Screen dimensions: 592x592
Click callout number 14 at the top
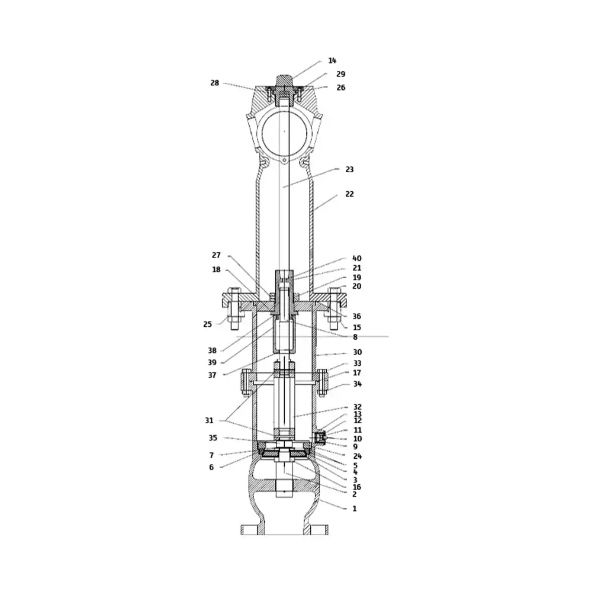[x=332, y=60]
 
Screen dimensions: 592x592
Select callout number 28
[x=214, y=83]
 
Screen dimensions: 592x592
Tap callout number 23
[x=350, y=169]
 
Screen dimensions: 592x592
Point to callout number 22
[x=350, y=194]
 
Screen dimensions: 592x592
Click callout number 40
[x=357, y=258]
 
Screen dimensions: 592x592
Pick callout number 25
[x=207, y=324]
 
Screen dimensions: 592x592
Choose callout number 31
[x=209, y=420]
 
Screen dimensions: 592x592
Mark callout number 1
[x=355, y=509]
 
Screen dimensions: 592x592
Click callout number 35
[x=213, y=438]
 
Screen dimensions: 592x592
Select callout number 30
[x=357, y=352]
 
